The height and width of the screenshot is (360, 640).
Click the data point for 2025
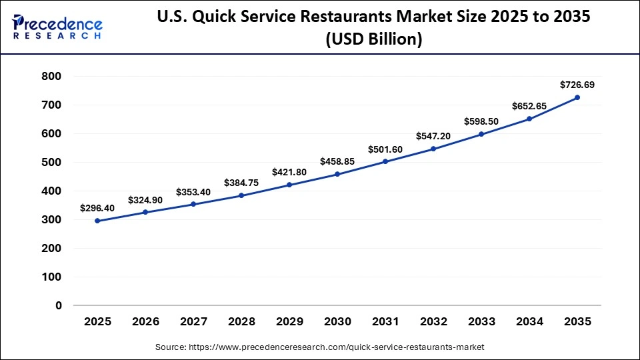coord(98,221)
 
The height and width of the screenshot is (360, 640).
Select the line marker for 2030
coord(337,174)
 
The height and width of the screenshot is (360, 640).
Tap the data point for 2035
coord(577,97)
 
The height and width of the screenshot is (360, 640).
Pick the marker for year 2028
coord(241,195)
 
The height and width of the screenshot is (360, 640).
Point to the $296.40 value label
coord(97,208)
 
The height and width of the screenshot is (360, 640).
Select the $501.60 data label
coord(385,149)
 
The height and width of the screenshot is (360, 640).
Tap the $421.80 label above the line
coord(289,172)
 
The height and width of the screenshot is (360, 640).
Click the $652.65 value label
coord(529,106)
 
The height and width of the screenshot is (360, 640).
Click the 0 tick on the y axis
coord(59,305)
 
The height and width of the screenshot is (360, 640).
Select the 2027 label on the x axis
coord(194,322)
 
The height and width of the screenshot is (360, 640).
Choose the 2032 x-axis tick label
coord(433,322)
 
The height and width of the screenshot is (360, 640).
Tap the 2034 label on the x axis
coord(529,322)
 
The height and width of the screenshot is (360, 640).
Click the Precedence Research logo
coord(57,27)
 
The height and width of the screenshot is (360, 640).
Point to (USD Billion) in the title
coord(373,40)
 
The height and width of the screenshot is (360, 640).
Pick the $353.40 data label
coord(193,192)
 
